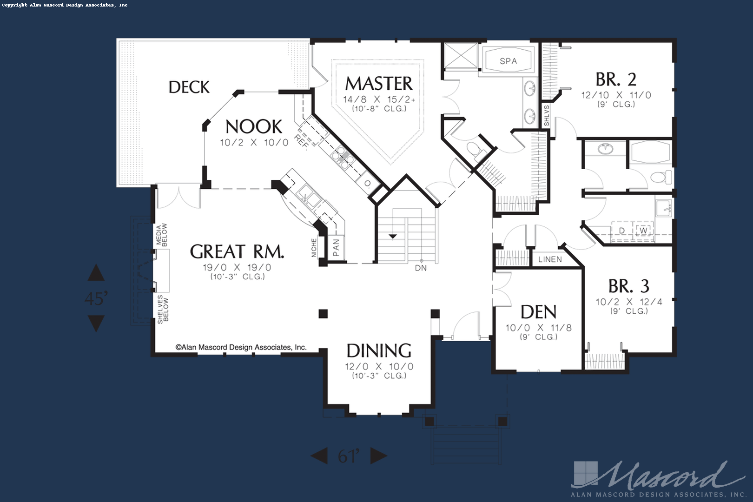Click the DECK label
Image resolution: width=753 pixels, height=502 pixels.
pos(189,87)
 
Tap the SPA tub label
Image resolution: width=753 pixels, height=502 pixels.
pos(508,61)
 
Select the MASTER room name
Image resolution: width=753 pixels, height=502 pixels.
pos(379,84)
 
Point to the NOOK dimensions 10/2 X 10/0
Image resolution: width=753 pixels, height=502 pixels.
pos(254,143)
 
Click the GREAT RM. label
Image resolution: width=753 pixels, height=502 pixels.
pos(237,251)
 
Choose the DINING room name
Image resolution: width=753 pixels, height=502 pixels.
pos(379,350)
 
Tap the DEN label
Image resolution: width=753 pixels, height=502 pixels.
pos(539,312)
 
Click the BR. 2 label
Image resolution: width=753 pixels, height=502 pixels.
pos(616,79)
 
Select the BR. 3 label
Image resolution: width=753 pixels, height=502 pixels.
pos(628,286)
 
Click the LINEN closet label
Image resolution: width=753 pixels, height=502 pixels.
pos(550,259)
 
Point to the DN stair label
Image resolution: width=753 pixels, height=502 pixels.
pos(421,268)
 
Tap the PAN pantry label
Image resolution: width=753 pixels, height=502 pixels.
pos(336,247)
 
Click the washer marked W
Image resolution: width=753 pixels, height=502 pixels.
pos(643,231)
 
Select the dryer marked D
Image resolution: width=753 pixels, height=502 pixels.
pos(622,231)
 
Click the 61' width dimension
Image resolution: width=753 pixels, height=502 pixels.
pos(349,456)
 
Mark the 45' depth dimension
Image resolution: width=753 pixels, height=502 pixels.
pos(96,298)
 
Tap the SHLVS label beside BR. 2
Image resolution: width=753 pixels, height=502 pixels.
pos(547,116)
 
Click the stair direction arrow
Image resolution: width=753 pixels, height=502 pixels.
pos(393,237)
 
